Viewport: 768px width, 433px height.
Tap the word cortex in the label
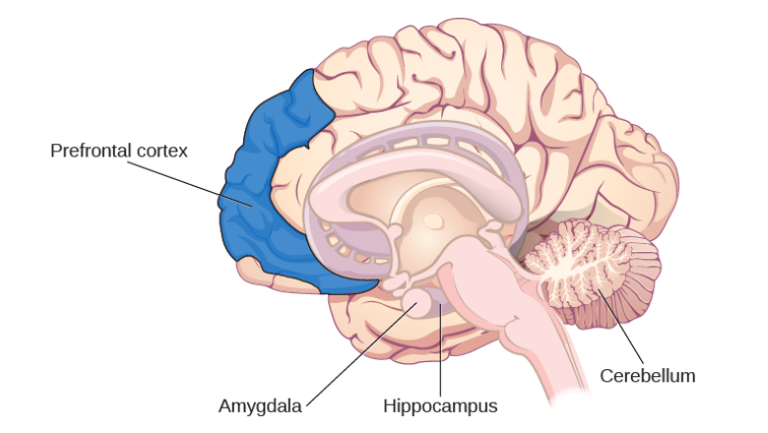pyautogui.click(x=162, y=152)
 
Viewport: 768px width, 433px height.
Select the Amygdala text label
pyautogui.click(x=260, y=406)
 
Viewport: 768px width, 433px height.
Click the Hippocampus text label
pyautogui.click(x=440, y=406)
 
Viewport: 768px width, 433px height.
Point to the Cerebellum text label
pyautogui.click(x=648, y=376)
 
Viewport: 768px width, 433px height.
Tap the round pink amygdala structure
pyautogui.click(x=416, y=302)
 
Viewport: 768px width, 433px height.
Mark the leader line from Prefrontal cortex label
pyautogui.click(x=190, y=184)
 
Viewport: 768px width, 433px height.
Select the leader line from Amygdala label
pyautogui.click(x=361, y=354)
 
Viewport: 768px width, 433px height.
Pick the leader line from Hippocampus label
pyautogui.click(x=440, y=349)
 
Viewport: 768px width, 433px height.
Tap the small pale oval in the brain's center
pyautogui.click(x=433, y=221)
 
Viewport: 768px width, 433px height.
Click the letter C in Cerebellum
pyautogui.click(x=607, y=376)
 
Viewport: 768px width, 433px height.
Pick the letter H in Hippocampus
pyautogui.click(x=389, y=405)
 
